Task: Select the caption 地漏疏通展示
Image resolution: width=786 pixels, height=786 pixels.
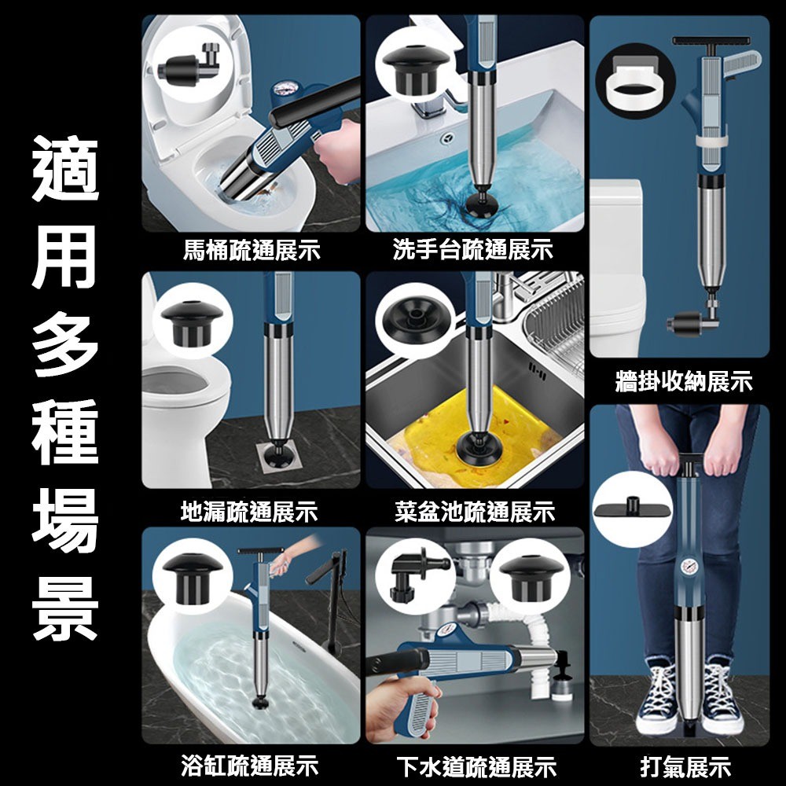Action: click(249, 513)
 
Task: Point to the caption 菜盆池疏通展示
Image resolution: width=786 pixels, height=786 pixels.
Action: click(474, 513)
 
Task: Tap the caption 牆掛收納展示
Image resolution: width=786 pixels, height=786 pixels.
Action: click(683, 383)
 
